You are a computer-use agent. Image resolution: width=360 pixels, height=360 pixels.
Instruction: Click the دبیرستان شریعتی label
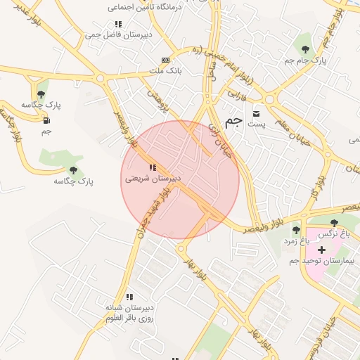point(153,179)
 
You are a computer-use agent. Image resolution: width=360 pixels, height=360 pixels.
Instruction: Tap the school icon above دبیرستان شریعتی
point(153,168)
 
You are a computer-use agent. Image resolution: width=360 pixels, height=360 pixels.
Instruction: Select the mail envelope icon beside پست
point(256,113)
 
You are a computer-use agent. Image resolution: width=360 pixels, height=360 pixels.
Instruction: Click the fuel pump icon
point(47,119)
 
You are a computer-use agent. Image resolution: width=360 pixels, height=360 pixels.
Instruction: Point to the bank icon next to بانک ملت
point(165,60)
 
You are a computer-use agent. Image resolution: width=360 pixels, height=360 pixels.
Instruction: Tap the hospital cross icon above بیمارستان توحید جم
point(322,250)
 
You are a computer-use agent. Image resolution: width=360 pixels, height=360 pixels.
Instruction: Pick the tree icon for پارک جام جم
point(305,49)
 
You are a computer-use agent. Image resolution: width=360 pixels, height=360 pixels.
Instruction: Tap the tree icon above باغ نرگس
point(333,222)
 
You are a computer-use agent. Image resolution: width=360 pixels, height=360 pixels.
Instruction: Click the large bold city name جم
point(234,120)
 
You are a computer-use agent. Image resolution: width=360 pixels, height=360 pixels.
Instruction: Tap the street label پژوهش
point(157,101)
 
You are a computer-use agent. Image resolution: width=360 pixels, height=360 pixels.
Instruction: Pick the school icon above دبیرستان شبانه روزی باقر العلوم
point(128,297)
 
